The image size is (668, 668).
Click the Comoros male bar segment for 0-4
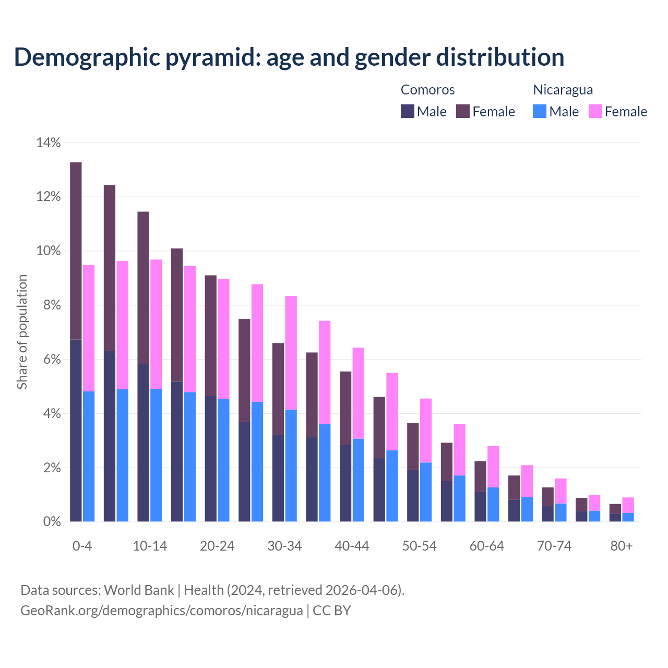pos(76,431)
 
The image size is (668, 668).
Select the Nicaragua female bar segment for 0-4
pos(89,328)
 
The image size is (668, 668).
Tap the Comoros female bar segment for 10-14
pos(143,288)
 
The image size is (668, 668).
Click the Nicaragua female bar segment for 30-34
pos(291,353)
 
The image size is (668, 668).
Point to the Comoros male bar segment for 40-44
pos(345,483)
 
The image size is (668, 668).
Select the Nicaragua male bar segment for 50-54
pos(426,492)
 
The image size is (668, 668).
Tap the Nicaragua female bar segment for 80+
pos(628,505)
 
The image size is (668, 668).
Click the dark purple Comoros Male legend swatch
pos(408,111)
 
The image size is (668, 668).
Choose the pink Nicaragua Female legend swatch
pos(595,111)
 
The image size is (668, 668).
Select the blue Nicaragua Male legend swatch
pos(540,111)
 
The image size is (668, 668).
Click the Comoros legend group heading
pos(427,90)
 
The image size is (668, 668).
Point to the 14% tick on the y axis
pos(48,142)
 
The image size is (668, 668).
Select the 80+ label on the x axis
pos(622,546)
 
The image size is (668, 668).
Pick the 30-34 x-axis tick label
pos(284,546)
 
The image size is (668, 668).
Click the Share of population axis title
pos(22,332)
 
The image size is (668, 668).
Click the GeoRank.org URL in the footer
pos(162,610)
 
